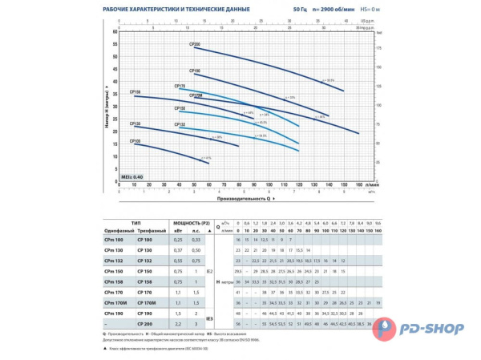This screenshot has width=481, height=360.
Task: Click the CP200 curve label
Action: [196, 45]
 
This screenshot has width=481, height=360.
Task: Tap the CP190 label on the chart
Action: [195, 71]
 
